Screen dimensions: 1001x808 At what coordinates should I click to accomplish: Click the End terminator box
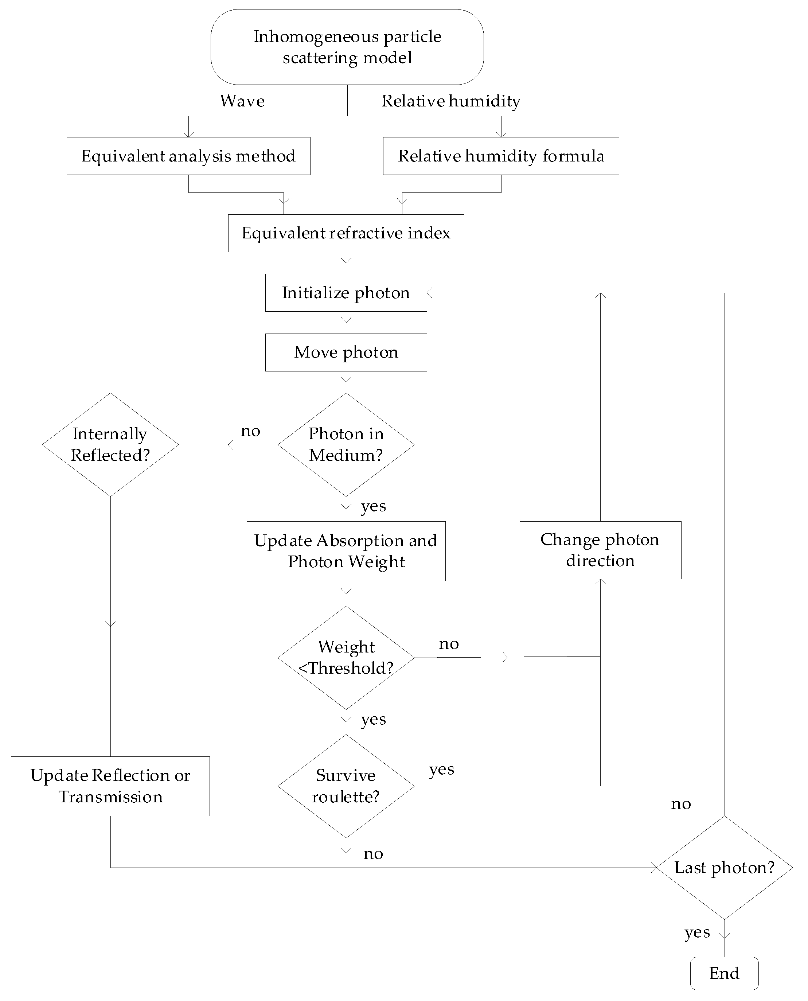724,973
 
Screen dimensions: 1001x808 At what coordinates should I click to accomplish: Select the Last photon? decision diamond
724,867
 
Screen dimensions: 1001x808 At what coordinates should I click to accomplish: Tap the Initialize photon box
346,293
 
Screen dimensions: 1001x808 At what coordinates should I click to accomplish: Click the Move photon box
346,353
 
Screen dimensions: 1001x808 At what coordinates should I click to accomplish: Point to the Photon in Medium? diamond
346,445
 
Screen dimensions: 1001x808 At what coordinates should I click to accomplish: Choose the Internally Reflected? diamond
110,445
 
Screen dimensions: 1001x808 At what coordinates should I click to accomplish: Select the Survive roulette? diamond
346,786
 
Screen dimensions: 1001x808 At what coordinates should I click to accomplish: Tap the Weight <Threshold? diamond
346,657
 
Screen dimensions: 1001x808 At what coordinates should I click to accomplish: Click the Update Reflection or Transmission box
110,786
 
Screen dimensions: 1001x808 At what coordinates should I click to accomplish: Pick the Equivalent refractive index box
346,233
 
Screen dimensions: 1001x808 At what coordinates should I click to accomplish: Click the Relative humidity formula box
501,156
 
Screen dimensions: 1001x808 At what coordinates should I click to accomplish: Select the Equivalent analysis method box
188,156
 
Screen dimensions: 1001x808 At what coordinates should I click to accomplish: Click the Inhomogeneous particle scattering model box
347,47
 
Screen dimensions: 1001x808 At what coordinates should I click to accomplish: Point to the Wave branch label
242,101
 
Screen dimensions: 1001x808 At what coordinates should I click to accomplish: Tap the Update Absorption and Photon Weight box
346,551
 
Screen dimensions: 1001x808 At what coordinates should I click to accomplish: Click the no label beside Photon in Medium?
250,431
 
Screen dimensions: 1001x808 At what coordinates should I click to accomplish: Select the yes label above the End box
697,932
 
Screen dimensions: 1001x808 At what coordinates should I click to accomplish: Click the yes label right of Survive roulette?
441,769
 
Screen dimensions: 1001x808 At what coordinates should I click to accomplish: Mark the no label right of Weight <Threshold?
449,644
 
